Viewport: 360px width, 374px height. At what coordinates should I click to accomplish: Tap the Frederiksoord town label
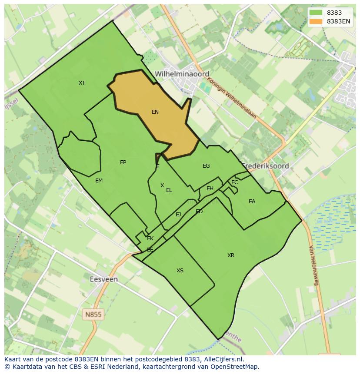tap(266, 166)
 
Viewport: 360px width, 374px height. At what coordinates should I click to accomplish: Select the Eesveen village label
tap(103, 279)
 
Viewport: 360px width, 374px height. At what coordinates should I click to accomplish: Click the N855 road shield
tap(93, 314)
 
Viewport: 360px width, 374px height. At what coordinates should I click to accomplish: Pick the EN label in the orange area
tap(155, 112)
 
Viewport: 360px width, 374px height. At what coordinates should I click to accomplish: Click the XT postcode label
tap(82, 83)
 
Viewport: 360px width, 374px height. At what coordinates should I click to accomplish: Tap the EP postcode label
tap(123, 162)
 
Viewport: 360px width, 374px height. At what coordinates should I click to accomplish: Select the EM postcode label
tap(99, 181)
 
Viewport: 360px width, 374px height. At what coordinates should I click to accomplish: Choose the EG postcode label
tap(206, 166)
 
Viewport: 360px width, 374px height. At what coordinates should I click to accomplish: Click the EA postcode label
tap(252, 202)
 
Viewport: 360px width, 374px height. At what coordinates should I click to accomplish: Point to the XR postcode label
tap(231, 255)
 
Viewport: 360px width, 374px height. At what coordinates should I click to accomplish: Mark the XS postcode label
tap(180, 271)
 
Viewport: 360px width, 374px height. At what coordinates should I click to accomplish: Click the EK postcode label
tap(150, 238)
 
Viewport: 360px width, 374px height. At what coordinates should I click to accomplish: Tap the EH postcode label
tap(210, 189)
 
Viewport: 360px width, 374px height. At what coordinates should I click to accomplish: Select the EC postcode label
tap(235, 182)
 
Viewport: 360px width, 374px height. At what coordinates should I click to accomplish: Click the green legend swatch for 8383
tap(316, 13)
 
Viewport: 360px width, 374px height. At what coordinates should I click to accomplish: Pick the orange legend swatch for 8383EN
tap(316, 21)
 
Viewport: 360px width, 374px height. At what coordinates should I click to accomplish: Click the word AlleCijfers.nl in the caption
tap(223, 359)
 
